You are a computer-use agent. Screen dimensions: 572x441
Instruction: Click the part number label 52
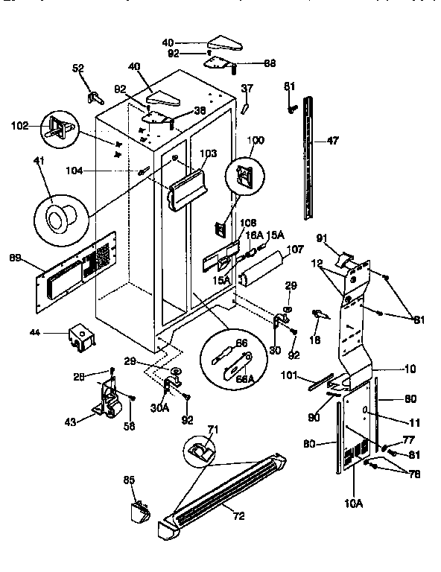pyautogui.click(x=77, y=69)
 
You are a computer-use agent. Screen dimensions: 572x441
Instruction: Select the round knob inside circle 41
pyautogui.click(x=58, y=217)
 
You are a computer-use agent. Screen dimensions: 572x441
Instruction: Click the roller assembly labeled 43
pyautogui.click(x=108, y=400)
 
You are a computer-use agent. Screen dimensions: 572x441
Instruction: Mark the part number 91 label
pyautogui.click(x=322, y=239)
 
